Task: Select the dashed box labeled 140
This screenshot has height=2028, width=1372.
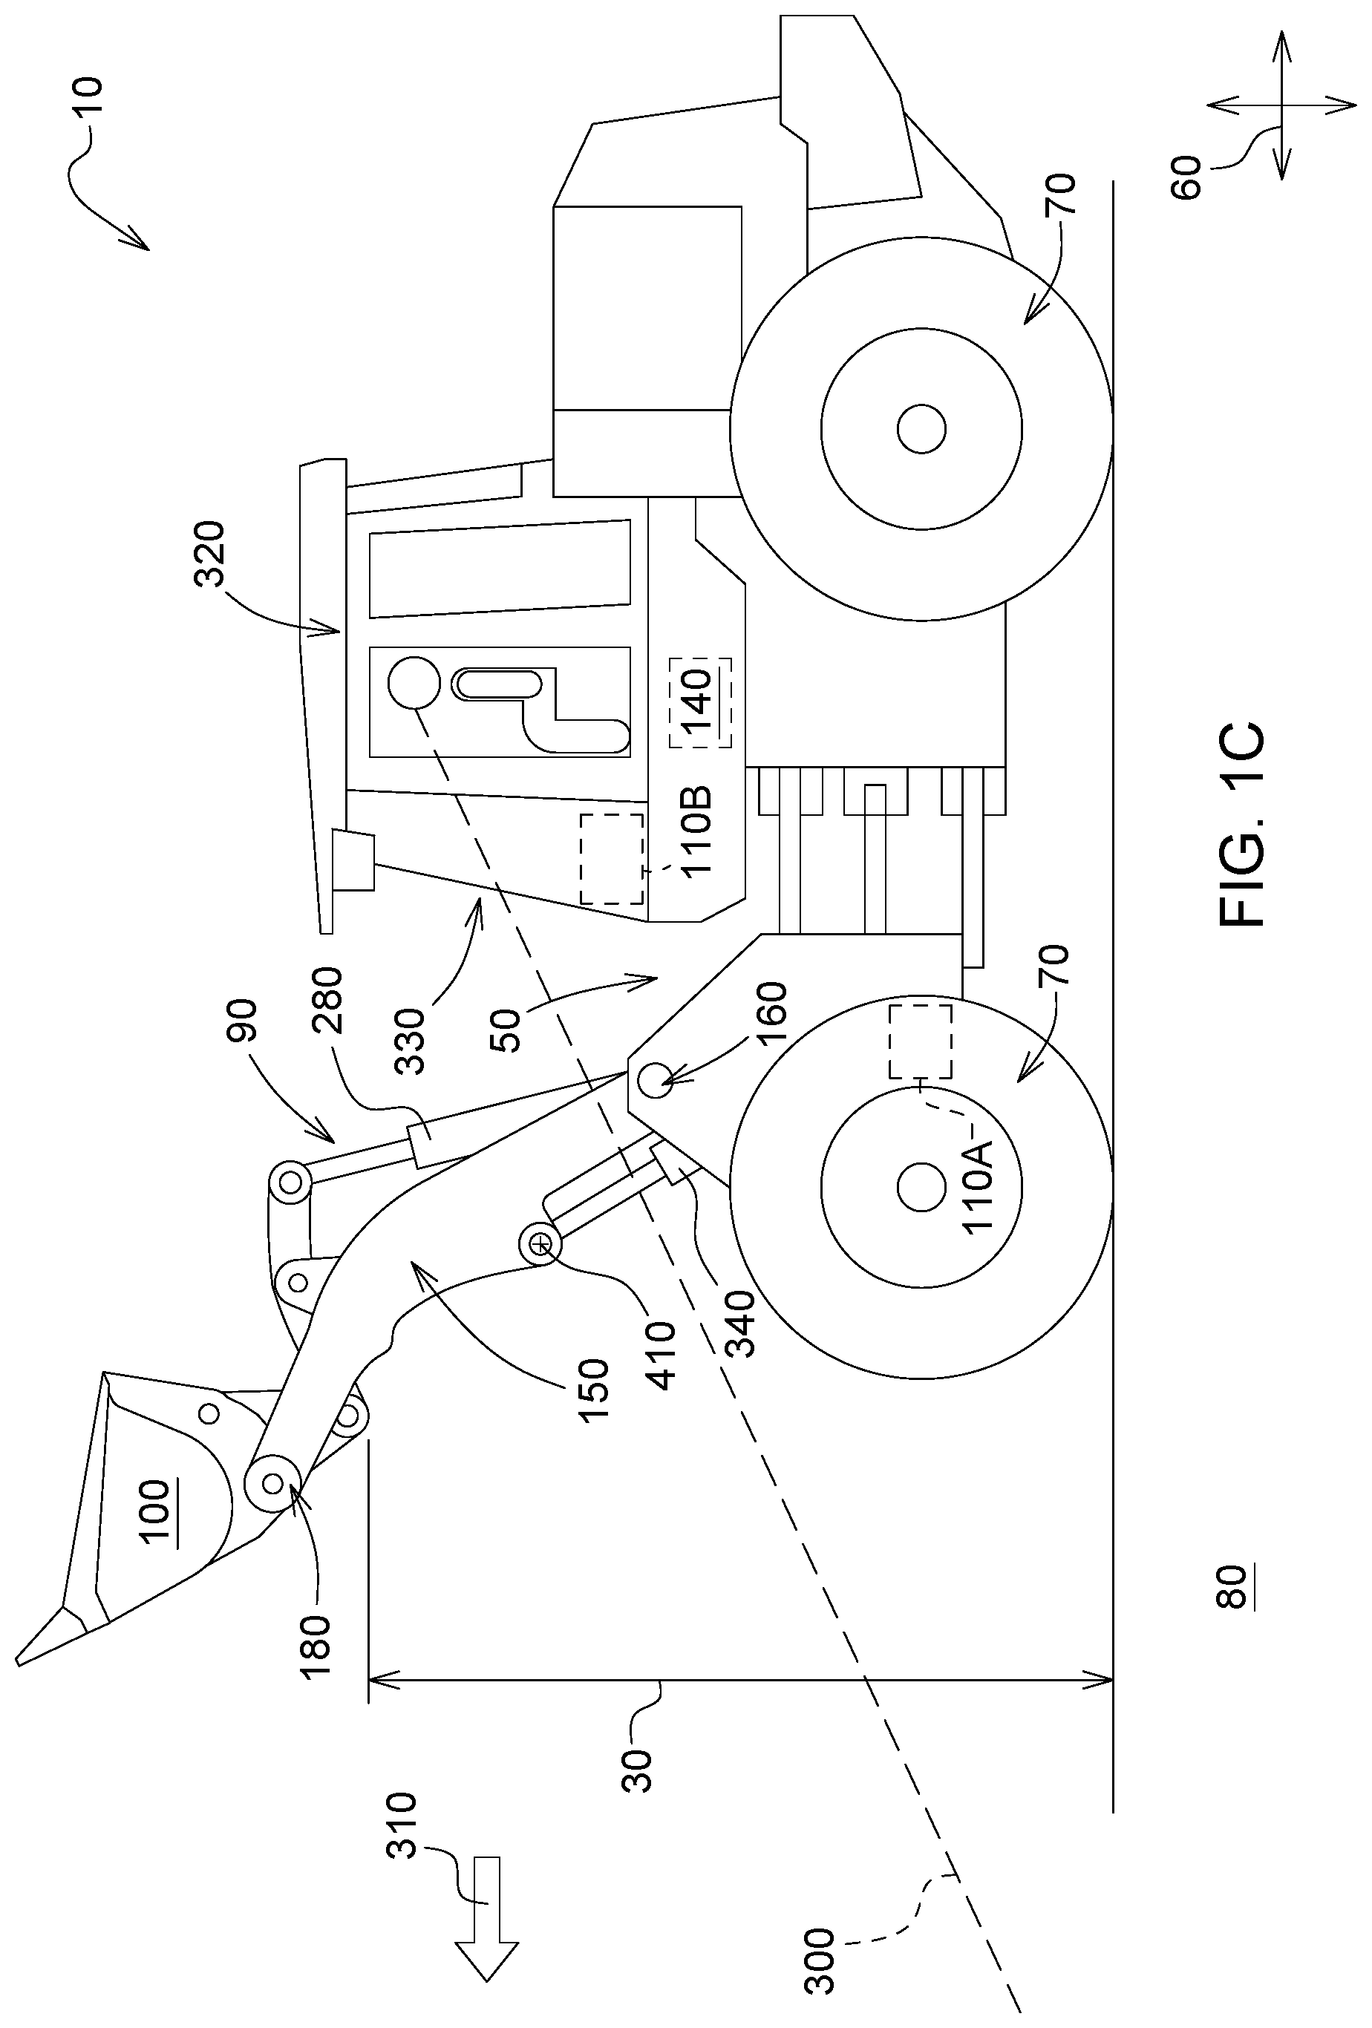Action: pos(700,702)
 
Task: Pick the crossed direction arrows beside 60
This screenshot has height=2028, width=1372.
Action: pos(1281,106)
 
